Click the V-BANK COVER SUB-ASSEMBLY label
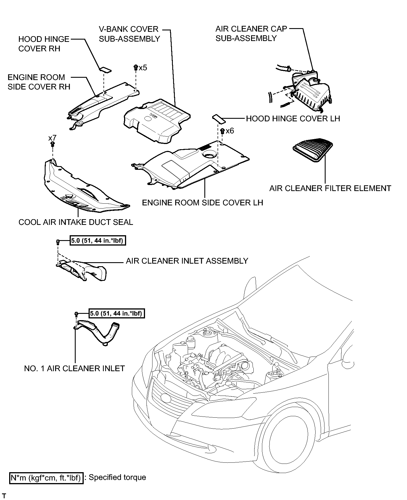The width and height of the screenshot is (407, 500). (x=129, y=34)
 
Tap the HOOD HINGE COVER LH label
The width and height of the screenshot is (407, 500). (x=293, y=119)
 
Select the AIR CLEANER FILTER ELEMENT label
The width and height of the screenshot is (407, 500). (x=330, y=188)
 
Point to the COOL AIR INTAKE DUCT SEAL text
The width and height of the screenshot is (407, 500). (x=76, y=222)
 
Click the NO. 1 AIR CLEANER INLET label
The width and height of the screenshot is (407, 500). (x=75, y=369)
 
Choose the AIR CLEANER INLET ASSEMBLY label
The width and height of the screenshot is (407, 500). (x=187, y=261)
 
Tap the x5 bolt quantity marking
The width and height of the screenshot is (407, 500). (x=143, y=68)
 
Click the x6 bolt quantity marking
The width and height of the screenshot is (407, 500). (x=230, y=131)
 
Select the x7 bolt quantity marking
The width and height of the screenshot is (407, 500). (x=52, y=138)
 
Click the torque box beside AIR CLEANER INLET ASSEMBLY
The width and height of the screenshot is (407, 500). (x=98, y=240)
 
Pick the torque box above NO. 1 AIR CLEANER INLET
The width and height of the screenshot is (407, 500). (x=116, y=313)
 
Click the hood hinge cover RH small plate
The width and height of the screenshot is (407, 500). (x=105, y=70)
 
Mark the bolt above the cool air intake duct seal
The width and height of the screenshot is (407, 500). (x=53, y=144)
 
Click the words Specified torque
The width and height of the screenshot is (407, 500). (x=118, y=478)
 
